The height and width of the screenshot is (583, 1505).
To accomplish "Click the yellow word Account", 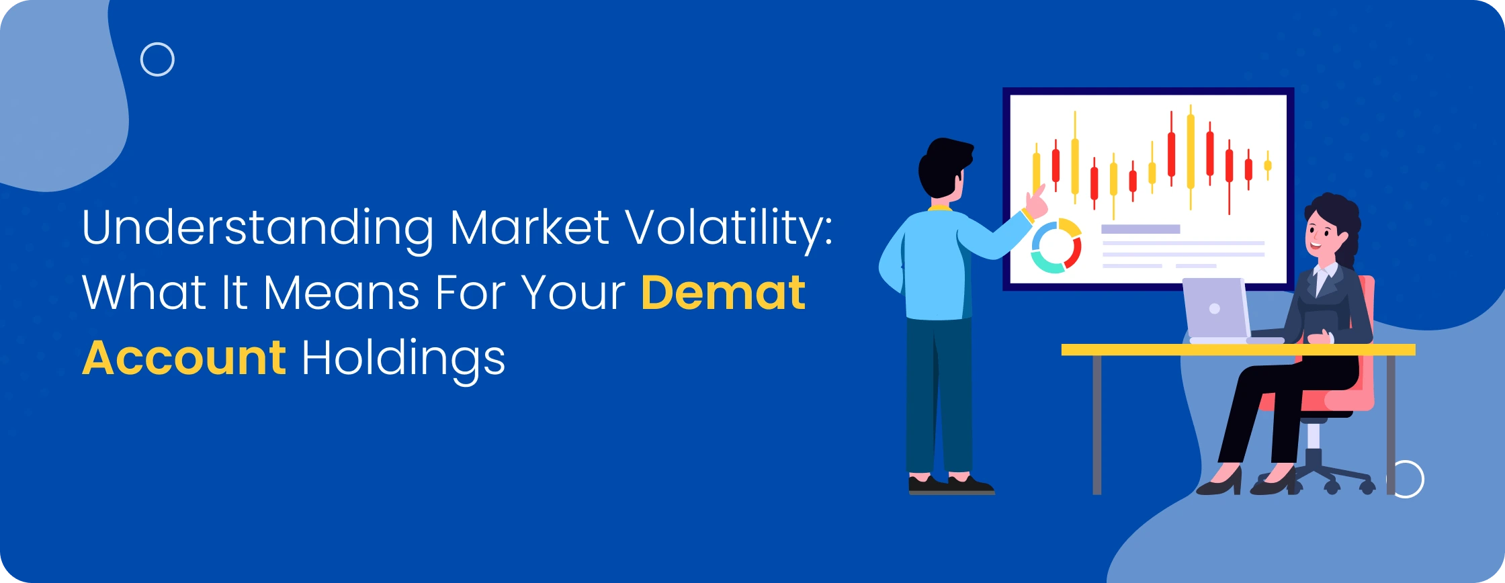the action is pos(184,357).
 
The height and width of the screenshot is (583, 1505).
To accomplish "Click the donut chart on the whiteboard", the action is pos(1056,246).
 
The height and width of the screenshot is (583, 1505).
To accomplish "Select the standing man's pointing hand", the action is pos(1037,204).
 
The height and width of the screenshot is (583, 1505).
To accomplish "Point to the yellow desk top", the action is pos(1238,350).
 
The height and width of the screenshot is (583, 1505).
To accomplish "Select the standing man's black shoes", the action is pos(951,484).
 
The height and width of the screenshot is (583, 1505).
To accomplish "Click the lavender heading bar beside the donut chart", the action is pos(1140,229).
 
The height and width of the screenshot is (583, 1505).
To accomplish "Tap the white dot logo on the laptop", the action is pos(1214,309).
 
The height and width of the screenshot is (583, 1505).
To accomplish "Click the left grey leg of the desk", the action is pos(1096,424).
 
